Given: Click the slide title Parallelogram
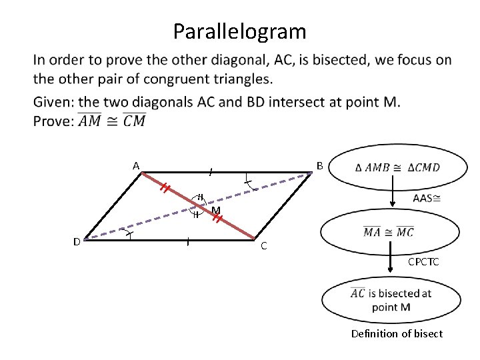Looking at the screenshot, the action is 239,31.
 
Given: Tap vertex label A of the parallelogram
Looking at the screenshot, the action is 135,165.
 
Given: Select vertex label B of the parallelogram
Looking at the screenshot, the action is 320,165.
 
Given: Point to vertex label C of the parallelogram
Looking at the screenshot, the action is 263,245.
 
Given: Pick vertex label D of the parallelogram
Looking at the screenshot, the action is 77,241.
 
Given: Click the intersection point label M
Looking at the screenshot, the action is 216,211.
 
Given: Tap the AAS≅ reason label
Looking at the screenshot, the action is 427,198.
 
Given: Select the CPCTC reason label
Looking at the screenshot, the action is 423,262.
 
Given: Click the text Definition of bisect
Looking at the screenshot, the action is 397,333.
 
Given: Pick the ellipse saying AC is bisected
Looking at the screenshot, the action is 390,300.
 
